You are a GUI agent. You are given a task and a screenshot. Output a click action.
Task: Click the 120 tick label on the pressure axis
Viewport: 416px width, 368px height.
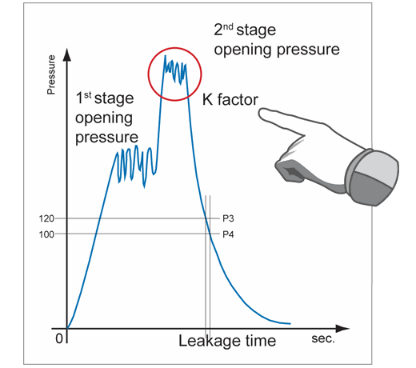pyautogui.click(x=46, y=218)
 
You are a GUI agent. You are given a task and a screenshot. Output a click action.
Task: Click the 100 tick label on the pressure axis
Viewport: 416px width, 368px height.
pyautogui.click(x=46, y=234)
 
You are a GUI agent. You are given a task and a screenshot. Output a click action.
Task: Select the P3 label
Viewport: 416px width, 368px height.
pyautogui.click(x=228, y=218)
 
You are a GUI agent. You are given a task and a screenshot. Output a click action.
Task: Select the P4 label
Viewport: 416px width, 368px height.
pyautogui.click(x=228, y=234)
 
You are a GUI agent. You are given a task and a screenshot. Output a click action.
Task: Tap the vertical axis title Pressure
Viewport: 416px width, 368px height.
pyautogui.click(x=51, y=74)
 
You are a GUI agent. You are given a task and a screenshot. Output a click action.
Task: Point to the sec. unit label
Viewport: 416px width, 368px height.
pyautogui.click(x=323, y=338)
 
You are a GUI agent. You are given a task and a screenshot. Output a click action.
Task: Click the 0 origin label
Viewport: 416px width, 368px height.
pyautogui.click(x=59, y=338)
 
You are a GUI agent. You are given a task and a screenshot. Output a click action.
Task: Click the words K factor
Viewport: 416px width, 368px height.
pyautogui.click(x=230, y=99)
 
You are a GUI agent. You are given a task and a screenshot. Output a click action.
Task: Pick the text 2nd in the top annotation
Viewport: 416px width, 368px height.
pyautogui.click(x=223, y=30)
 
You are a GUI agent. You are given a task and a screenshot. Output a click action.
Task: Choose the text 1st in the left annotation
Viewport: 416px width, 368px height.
pyautogui.click(x=83, y=98)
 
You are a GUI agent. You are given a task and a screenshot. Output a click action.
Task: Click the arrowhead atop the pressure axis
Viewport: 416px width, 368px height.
pyautogui.click(x=67, y=54)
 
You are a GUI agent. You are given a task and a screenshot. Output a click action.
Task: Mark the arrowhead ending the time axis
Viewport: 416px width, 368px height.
pyautogui.click(x=342, y=329)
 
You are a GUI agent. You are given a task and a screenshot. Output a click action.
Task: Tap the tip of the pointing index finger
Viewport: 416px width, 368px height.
pyautogui.click(x=259, y=114)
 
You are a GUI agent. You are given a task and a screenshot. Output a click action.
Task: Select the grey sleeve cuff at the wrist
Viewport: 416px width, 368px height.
pyautogui.click(x=372, y=177)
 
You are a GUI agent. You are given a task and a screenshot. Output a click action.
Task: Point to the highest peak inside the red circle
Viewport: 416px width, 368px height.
pyautogui.click(x=165, y=56)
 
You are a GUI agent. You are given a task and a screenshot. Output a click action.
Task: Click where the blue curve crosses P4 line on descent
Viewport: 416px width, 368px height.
pyautogui.click(x=210, y=234)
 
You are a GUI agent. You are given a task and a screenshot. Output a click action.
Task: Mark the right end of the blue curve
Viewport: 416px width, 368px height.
pyautogui.click(x=290, y=324)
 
